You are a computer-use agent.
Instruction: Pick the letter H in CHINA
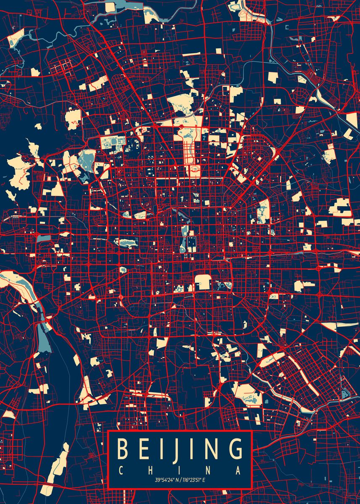150,470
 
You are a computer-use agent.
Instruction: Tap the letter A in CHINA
239,470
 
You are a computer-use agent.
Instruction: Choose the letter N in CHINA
209,470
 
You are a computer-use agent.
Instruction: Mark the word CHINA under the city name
180,470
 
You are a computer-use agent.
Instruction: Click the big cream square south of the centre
203,282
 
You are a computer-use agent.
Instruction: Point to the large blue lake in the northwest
86,162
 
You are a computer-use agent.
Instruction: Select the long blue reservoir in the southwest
44,336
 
